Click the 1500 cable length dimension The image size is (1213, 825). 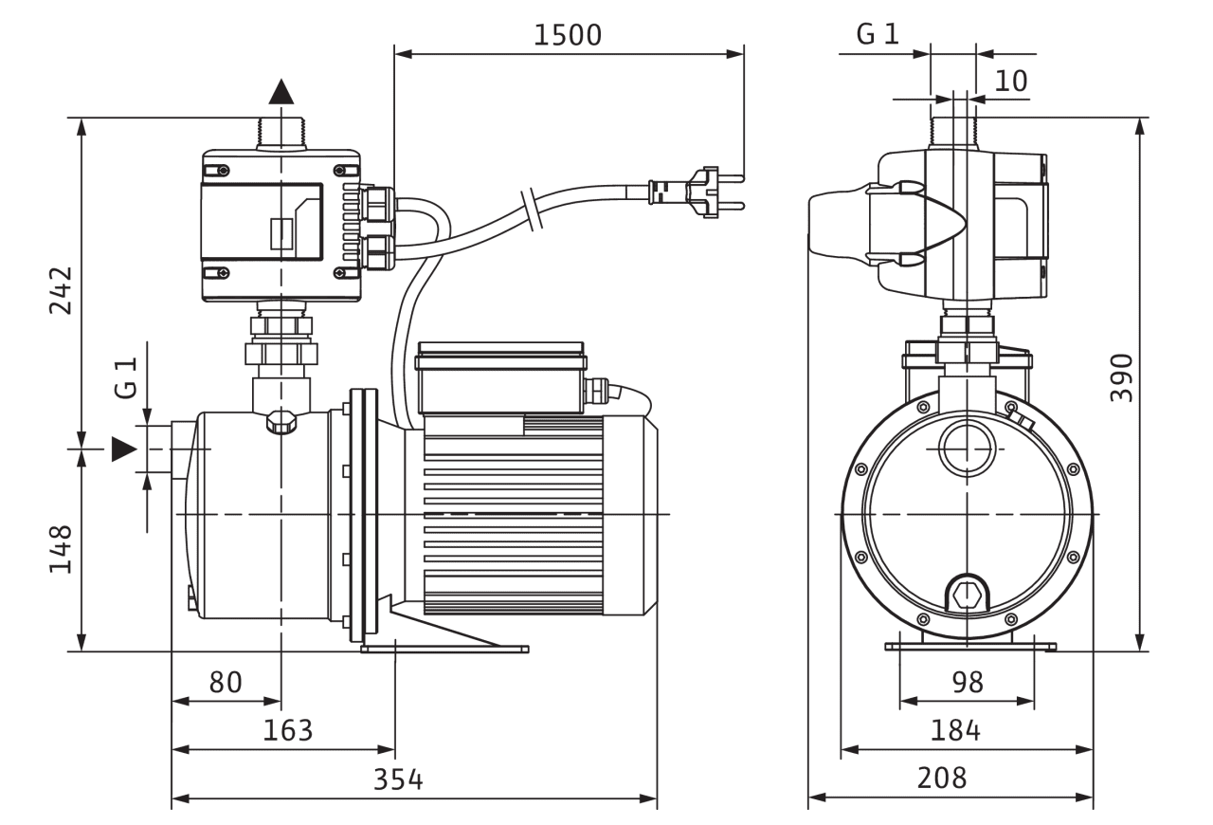pos(568,35)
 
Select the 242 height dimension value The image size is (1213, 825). pos(60,290)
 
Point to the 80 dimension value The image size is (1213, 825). pos(226,683)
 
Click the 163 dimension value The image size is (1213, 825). pos(287,730)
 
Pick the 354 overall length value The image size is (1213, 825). pos(398,780)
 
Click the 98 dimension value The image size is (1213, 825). pos(967,683)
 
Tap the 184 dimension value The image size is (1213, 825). pos(955,730)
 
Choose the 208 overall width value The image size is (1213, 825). pos(942,779)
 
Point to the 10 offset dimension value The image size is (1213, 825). pos(1011,82)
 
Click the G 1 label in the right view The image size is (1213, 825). pos(877,35)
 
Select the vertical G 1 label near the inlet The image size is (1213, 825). pos(126,377)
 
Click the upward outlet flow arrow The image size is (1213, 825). pos(281,91)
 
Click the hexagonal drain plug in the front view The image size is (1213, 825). pos(967,596)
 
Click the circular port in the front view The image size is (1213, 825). pos(966,446)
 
